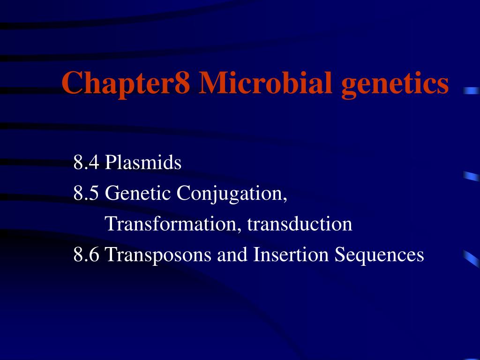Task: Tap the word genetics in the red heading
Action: tap(395, 83)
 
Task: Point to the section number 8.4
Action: tap(86, 163)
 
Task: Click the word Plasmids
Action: tap(143, 163)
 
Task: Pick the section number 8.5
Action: tap(86, 194)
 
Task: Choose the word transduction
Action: tap(300, 224)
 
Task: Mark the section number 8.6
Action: tap(86, 255)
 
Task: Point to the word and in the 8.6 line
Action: tap(232, 255)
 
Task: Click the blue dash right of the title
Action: tap(471, 91)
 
